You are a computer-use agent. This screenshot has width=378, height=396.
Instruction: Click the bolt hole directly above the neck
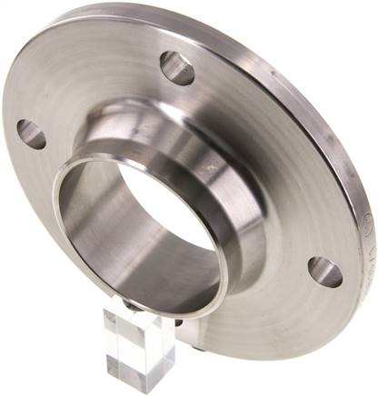coord(177,67)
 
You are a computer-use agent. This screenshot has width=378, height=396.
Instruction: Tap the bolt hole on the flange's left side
coord(31,134)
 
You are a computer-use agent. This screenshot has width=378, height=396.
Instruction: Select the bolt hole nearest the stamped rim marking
coord(324,271)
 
